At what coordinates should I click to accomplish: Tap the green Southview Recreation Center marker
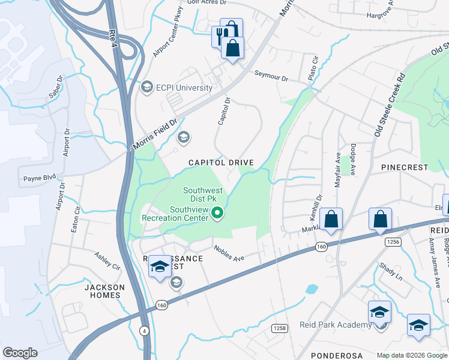pyautogui.click(x=219, y=212)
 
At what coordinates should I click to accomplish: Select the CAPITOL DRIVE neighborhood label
pyautogui.click(x=221, y=163)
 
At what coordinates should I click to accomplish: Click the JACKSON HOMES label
pyautogui.click(x=104, y=291)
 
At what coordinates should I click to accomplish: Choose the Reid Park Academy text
pyautogui.click(x=336, y=325)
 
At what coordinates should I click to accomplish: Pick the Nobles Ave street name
pyautogui.click(x=229, y=253)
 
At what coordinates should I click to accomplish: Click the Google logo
pyautogui.click(x=20, y=353)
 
